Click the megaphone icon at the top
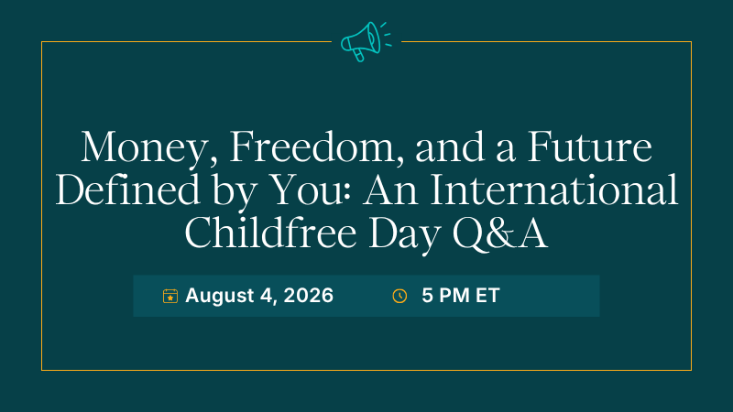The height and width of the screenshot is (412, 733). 366,41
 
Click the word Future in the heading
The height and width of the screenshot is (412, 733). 590,147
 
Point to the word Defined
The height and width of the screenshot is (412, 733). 128,190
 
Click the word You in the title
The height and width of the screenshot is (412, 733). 311,190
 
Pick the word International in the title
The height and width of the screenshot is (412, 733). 554,190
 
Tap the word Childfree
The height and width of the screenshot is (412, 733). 270,232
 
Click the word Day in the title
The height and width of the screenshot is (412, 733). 405,233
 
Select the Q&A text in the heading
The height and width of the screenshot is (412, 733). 500,233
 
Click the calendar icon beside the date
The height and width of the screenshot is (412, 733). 170,296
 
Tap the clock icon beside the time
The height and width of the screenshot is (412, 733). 399,296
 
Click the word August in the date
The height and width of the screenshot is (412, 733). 220,296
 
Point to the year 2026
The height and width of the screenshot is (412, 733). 309,296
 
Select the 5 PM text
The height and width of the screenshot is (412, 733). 445,296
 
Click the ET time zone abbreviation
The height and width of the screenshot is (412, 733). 488,296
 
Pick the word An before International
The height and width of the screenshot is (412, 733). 390,190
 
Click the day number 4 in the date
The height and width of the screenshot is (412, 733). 267,296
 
